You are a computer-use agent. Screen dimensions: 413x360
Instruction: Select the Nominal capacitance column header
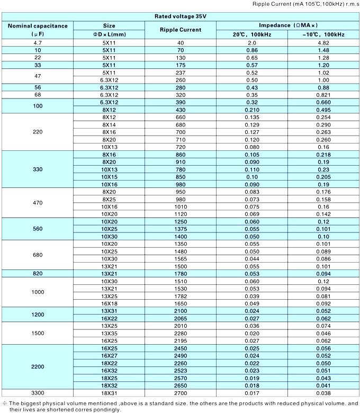38,25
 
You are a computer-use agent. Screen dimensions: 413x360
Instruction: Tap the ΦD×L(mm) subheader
109,34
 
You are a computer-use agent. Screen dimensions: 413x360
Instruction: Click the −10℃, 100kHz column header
323,34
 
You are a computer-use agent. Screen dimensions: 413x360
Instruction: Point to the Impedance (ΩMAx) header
287,25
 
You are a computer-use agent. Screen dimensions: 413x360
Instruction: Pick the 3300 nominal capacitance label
38,393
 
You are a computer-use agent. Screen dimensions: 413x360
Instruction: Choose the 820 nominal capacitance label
38,273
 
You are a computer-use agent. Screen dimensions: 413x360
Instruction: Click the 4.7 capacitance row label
38,42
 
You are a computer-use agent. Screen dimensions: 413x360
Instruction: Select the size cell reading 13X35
109,334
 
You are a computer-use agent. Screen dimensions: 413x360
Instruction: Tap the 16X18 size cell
109,303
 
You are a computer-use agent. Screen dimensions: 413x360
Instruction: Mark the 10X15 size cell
109,176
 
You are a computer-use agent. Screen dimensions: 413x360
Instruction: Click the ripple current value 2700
181,393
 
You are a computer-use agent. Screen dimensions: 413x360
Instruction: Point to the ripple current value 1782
181,296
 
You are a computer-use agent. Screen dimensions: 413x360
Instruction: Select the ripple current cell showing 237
181,72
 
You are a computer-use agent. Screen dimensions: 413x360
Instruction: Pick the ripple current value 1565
181,258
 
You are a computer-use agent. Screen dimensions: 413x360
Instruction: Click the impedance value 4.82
323,42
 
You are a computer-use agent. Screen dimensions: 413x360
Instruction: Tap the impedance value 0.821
323,94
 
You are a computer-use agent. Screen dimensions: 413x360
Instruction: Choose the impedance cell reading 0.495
323,109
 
